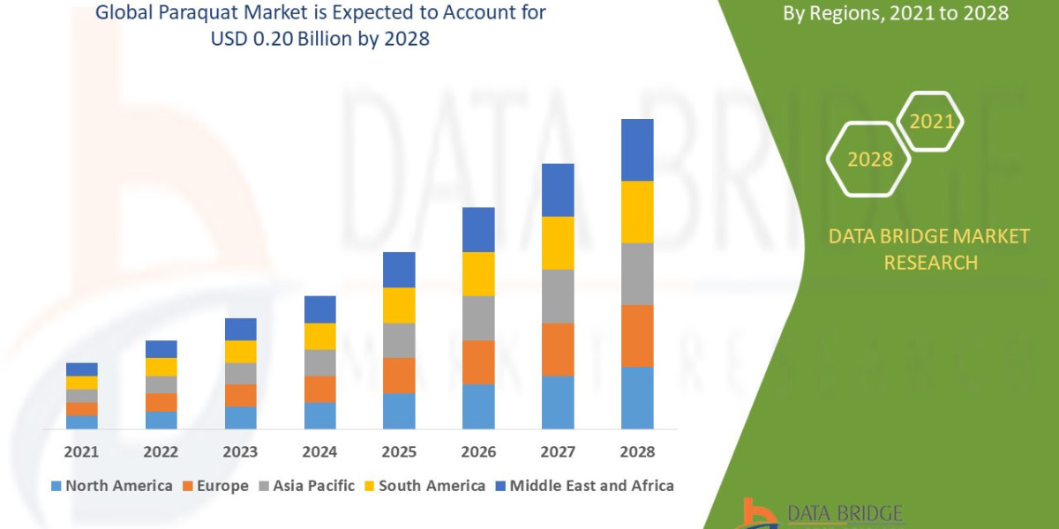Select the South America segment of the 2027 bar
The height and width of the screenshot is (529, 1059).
[x=558, y=242]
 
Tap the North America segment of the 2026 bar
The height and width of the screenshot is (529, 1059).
[x=478, y=406]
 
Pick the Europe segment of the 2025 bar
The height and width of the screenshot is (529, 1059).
[x=399, y=376]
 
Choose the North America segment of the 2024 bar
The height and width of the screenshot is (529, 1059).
[x=319, y=415]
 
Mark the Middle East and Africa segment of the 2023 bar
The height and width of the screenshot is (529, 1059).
[x=240, y=329]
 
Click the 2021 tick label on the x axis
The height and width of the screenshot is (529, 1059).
[x=81, y=451]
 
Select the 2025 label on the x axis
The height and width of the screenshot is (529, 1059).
[x=399, y=451]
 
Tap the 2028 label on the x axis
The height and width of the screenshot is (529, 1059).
[x=637, y=451]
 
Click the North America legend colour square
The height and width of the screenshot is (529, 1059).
[x=56, y=486]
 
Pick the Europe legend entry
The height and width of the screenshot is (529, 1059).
[x=215, y=486]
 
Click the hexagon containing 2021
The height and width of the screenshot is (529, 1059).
[x=930, y=121]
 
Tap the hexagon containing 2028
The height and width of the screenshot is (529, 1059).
[x=868, y=160]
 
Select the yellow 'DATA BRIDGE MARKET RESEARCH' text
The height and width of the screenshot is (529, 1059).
[x=929, y=249]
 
